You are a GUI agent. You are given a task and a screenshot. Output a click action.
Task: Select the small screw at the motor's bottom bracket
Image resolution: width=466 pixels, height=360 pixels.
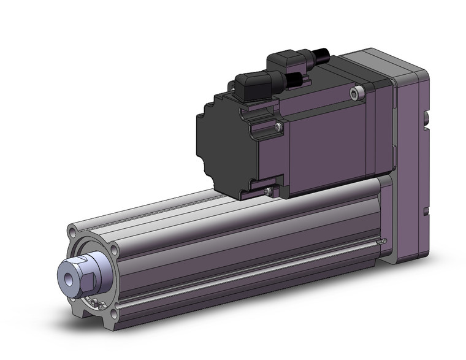pyautogui.click(x=269, y=193)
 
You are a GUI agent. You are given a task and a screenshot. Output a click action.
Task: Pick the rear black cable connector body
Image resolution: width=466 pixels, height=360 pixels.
pyautogui.click(x=288, y=61)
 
